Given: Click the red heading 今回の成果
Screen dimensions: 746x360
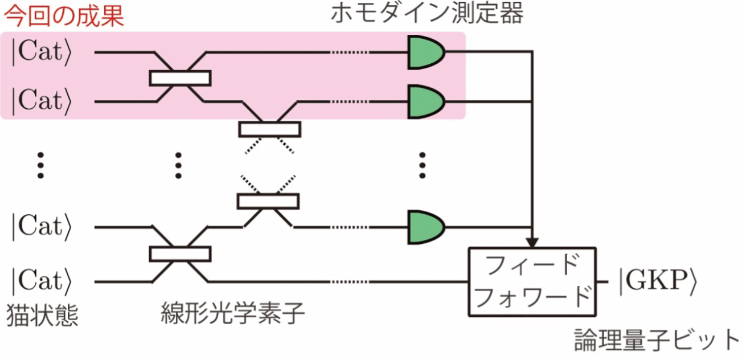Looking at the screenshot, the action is pos(64,16).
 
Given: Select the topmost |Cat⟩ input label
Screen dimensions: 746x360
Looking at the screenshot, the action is pos(42,52).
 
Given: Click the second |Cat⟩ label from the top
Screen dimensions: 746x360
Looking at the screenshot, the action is pos(42,101).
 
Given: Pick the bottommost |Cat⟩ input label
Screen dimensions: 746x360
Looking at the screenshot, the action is pos(42,282).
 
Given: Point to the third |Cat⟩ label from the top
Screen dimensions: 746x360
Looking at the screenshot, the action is pos(42,227).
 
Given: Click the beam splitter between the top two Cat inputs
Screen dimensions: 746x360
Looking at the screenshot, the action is pos(180,78).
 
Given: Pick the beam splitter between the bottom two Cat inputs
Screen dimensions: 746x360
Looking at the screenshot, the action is pos(180,254).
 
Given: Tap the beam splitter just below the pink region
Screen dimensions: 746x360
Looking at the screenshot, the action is pos(270,129).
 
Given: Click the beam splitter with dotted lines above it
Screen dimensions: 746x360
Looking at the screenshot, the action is pos(268,202).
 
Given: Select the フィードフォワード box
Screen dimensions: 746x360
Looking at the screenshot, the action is pos(532,281).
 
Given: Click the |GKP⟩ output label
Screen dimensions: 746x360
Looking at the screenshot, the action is pos(658,282).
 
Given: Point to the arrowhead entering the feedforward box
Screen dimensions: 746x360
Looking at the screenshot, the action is pos(532,243).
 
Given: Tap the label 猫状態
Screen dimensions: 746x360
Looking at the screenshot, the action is pos(42,315).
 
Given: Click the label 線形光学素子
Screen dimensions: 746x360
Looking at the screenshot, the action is pos(233,313).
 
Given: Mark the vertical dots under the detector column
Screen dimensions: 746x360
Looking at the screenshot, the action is pos(423,165).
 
